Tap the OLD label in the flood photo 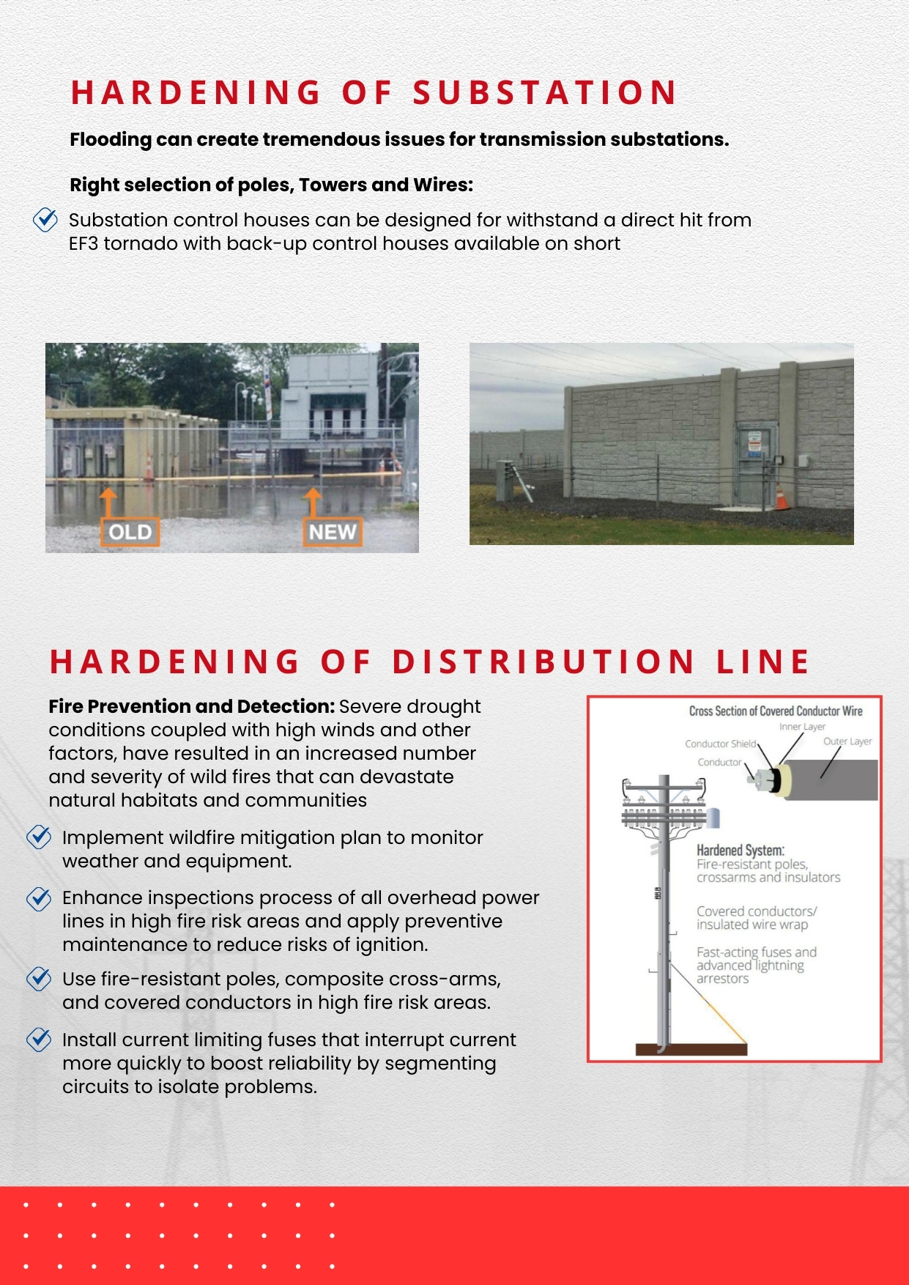130,532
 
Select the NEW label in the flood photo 333,532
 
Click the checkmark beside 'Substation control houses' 45,220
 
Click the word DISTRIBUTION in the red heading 543,662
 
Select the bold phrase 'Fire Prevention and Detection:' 191,706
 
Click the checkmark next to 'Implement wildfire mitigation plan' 39,837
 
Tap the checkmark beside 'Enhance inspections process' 39,898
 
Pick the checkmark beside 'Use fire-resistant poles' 39,979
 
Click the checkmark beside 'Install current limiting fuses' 39,1040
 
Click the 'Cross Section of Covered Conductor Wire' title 775,711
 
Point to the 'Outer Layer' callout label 847,741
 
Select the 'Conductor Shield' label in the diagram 720,744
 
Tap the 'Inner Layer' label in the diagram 802,727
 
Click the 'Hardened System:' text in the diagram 740,850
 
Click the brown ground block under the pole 691,1049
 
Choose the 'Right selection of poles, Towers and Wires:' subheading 271,185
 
